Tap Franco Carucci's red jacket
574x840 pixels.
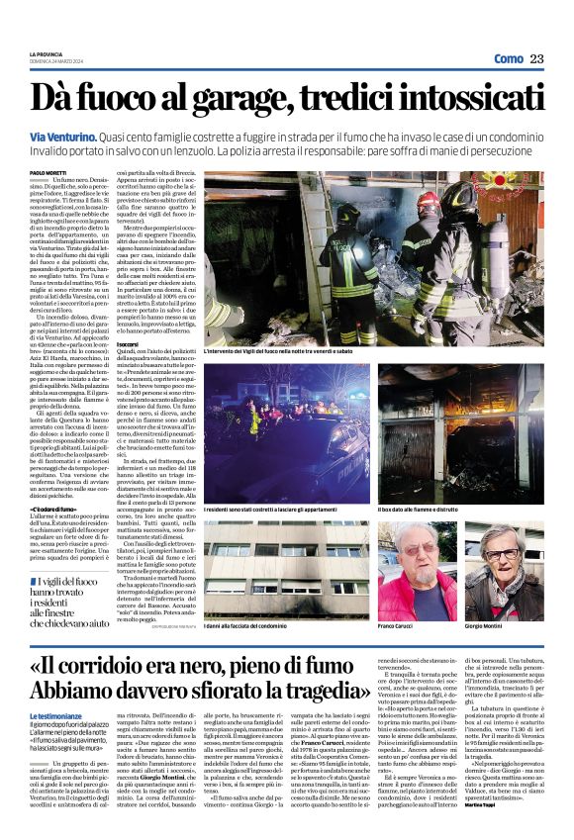click(x=411, y=604)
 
